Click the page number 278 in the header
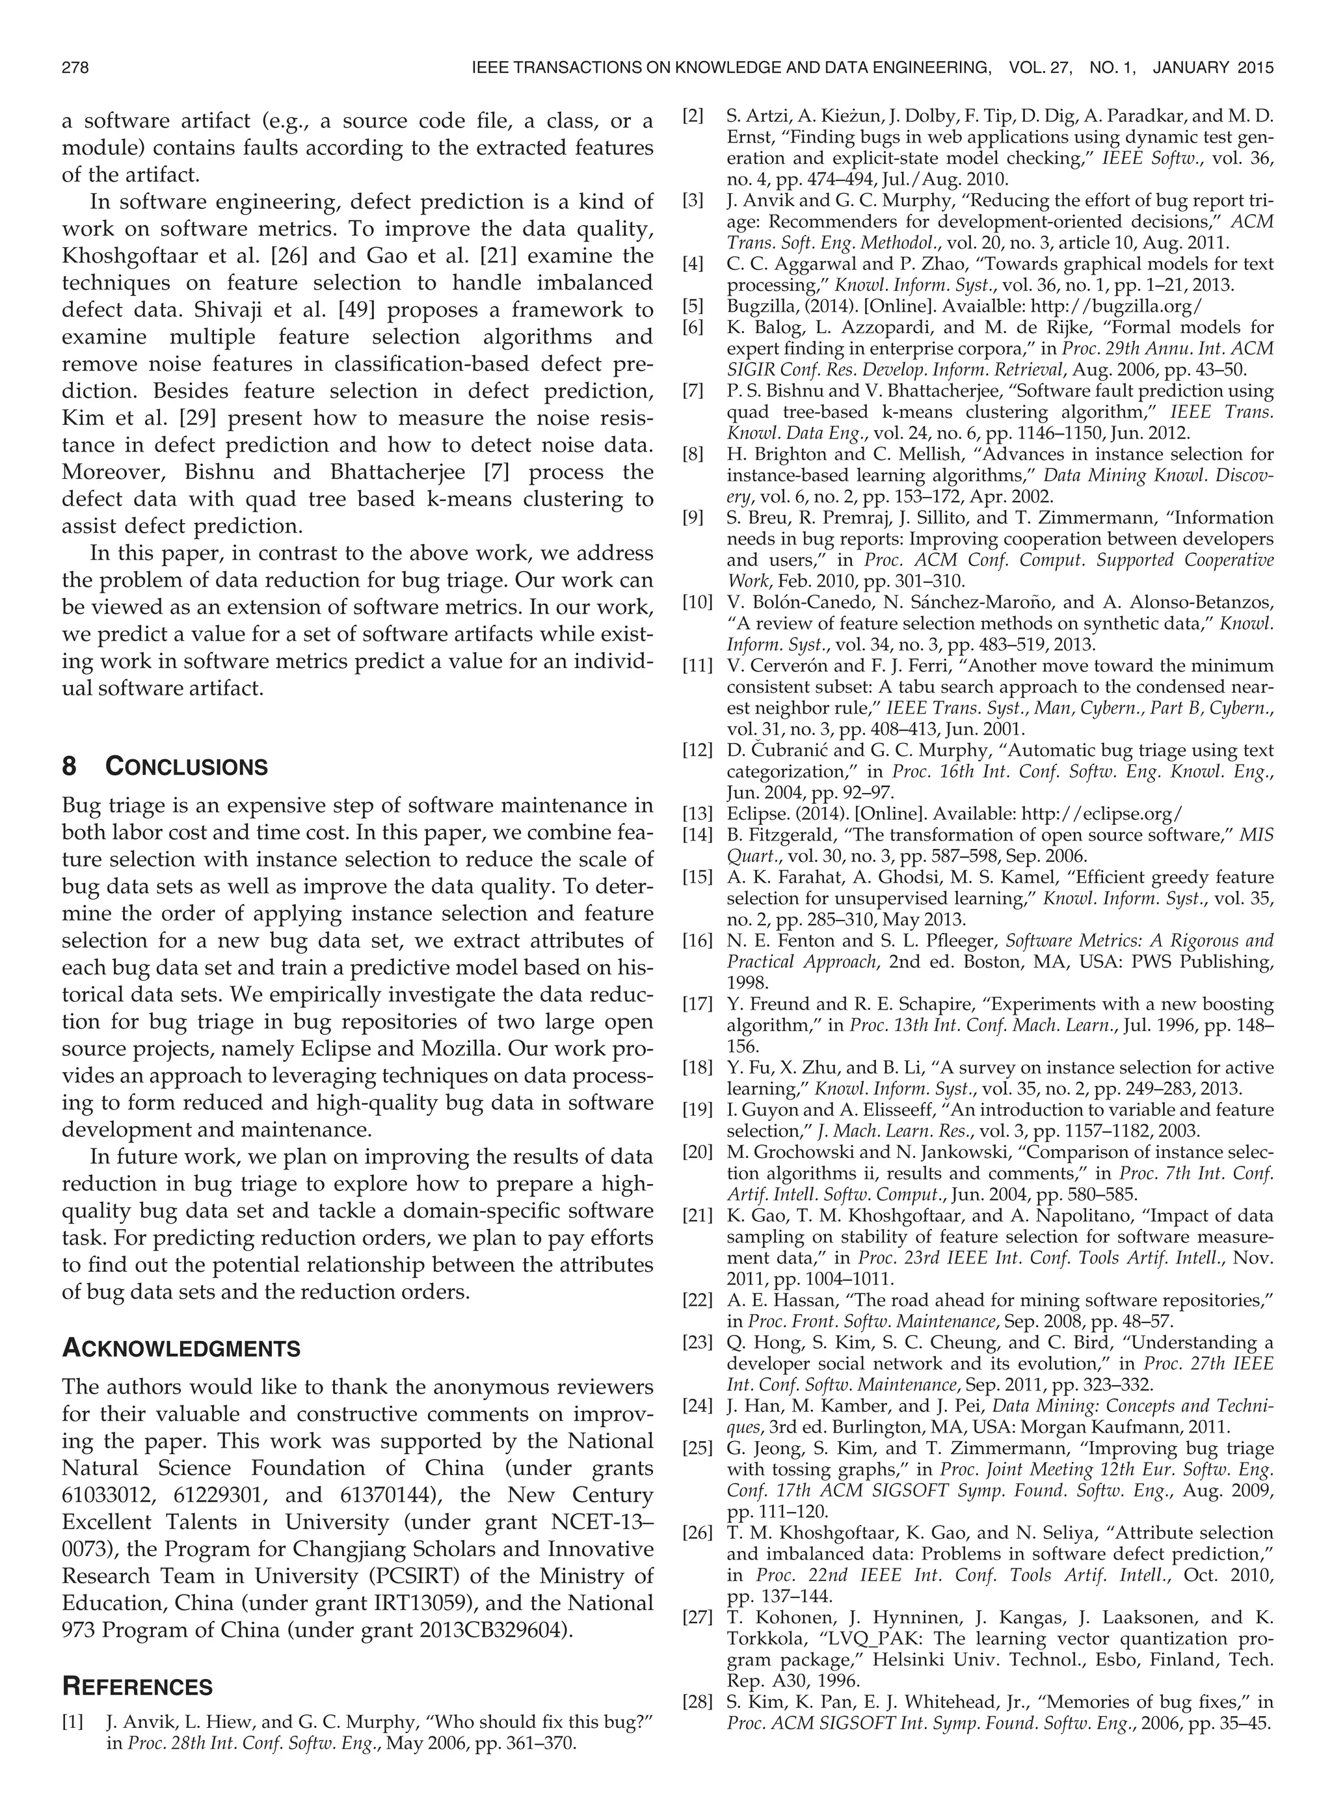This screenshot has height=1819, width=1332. (x=75, y=68)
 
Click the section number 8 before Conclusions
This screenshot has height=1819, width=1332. (x=70, y=767)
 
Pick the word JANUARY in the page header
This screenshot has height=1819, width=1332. (x=1190, y=68)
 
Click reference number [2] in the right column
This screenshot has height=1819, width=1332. (x=693, y=116)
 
